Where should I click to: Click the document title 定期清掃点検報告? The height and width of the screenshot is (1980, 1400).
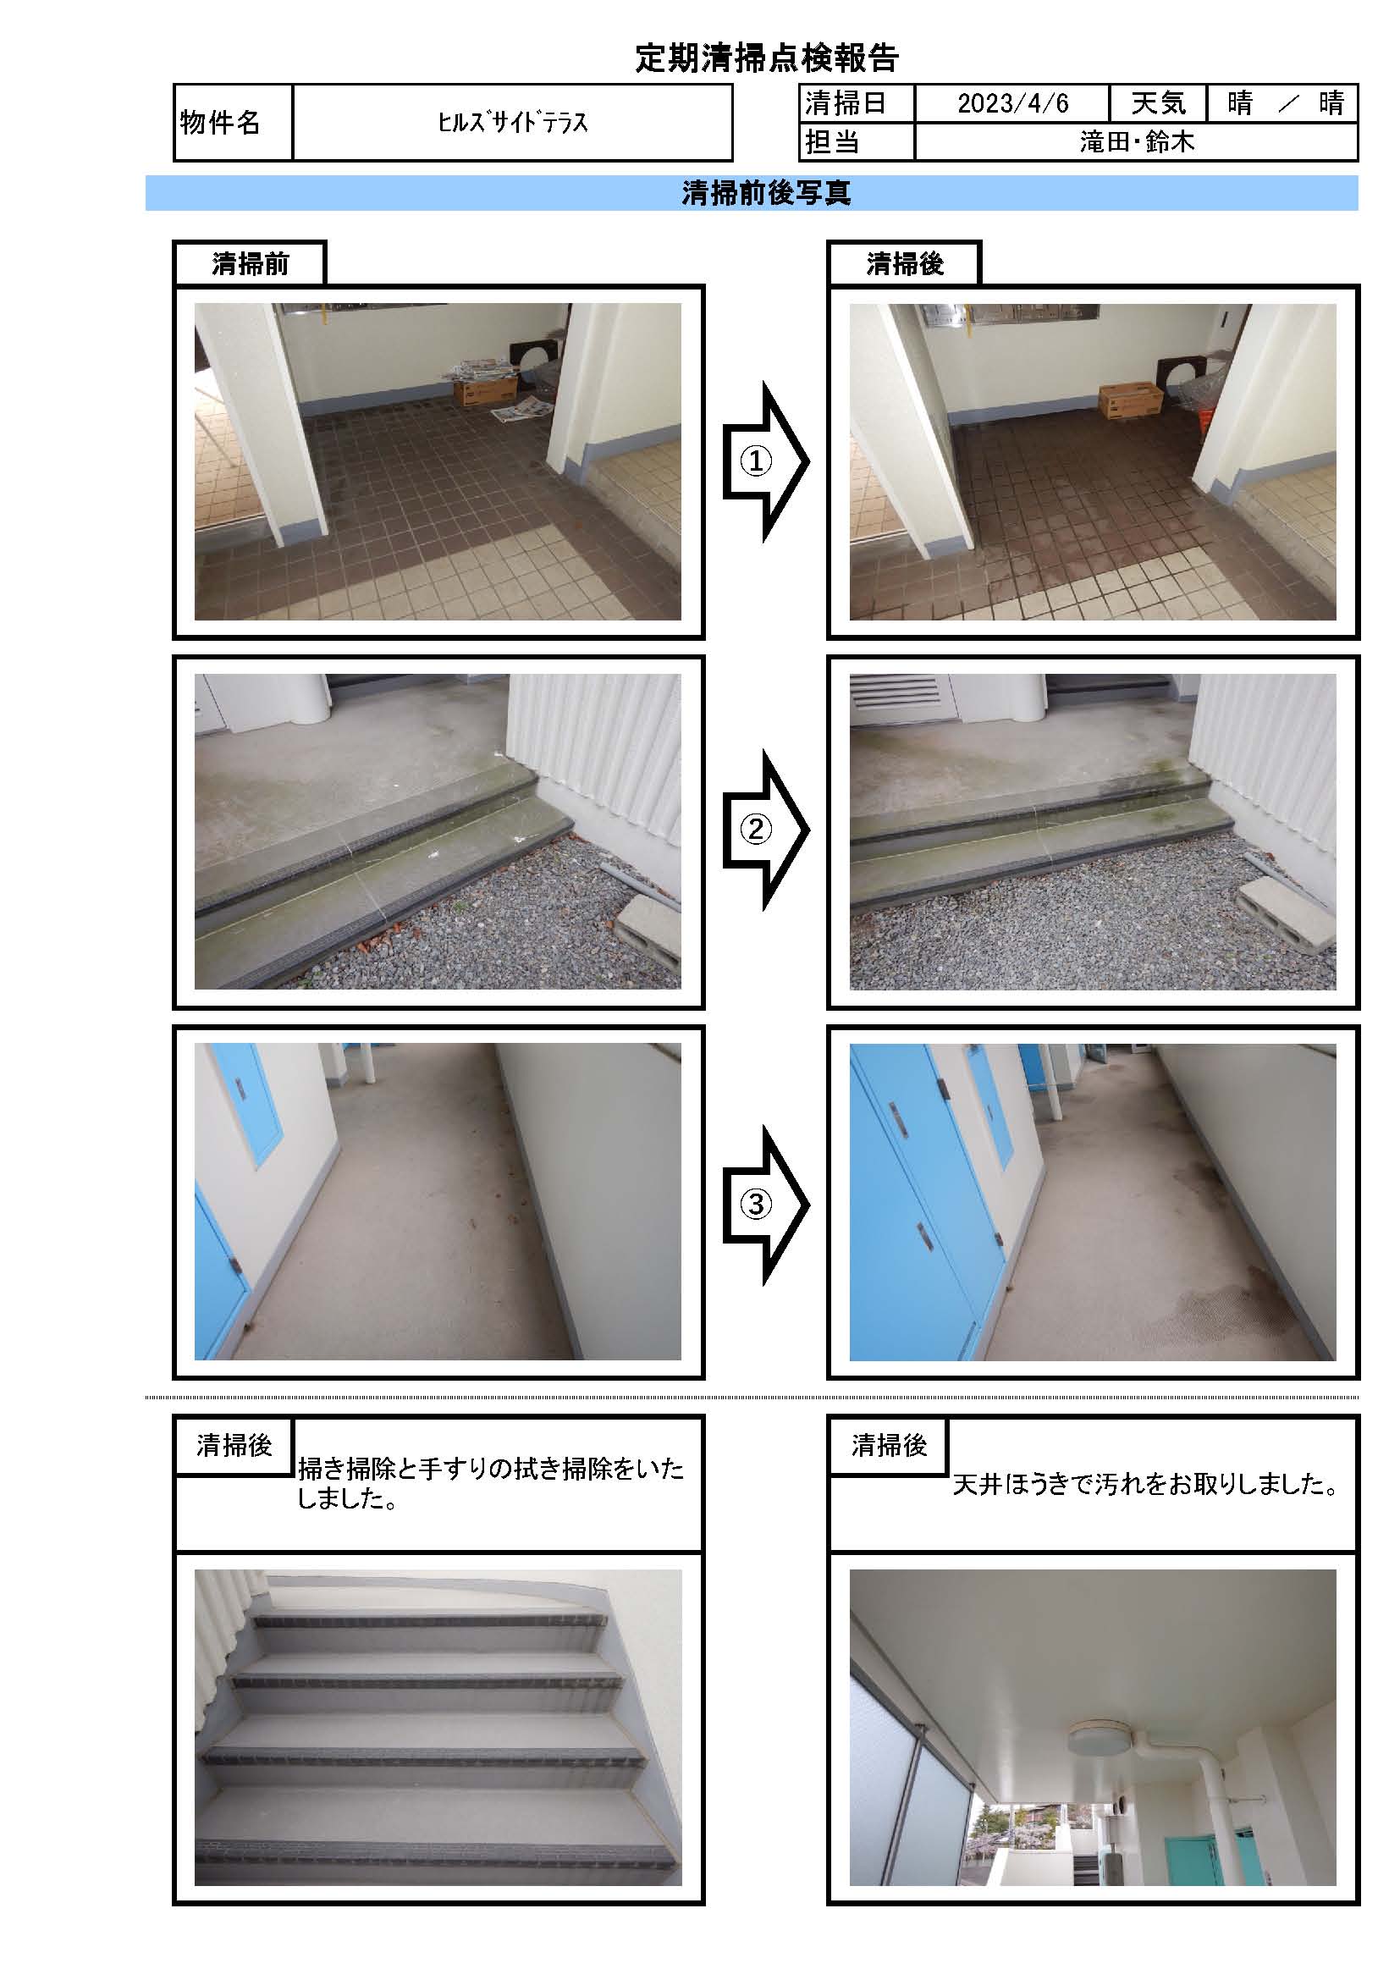tap(766, 58)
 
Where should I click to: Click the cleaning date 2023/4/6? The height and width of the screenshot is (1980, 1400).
tap(1013, 103)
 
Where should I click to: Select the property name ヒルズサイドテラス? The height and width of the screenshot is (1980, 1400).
tap(512, 123)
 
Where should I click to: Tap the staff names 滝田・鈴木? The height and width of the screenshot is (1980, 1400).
tap(1137, 141)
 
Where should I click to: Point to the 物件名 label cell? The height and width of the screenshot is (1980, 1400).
tap(233, 123)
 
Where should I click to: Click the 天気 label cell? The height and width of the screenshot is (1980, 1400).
tap(1158, 103)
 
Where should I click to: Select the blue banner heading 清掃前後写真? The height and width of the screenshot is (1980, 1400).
tap(766, 193)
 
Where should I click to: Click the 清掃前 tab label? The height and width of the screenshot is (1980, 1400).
tap(250, 264)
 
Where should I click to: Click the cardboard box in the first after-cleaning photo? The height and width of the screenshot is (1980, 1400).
tap(1130, 402)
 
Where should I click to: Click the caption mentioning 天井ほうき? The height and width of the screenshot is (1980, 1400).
tap(1146, 1484)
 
